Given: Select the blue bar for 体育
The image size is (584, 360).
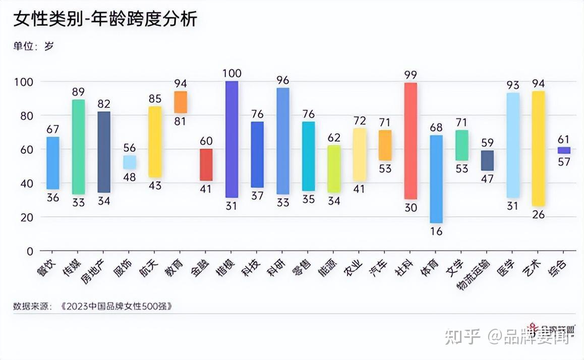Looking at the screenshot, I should tap(436, 179).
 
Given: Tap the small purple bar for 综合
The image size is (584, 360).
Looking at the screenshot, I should tap(563, 150).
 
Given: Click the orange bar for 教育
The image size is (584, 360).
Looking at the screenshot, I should tap(180, 102).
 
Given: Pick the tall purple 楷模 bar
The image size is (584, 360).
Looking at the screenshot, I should tap(231, 139).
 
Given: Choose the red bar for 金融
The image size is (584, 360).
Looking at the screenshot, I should tap(206, 165).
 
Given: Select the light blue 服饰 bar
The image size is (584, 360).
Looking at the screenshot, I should tap(129, 162).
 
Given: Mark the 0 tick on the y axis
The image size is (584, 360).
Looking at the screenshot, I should tap(30, 251).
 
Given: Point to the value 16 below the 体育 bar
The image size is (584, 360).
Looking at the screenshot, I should tap(436, 232).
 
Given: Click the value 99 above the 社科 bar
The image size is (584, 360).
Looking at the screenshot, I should tap(411, 75).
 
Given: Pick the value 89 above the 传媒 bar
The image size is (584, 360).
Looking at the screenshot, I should tap(78, 92).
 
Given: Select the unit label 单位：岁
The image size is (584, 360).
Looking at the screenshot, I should tap(33, 46).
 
